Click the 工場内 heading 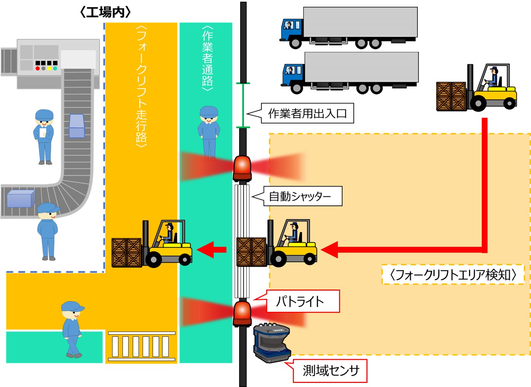pyautogui.click(x=105, y=12)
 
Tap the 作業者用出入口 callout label pyautogui.click(x=307, y=113)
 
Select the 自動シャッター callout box pyautogui.click(x=303, y=196)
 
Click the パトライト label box pyautogui.click(x=303, y=301)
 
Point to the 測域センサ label pyautogui.click(x=330, y=371)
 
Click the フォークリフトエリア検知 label pyautogui.click(x=453, y=275)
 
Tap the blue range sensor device pyautogui.click(x=272, y=343)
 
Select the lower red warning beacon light pyautogui.click(x=242, y=314)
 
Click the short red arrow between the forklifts pyautogui.click(x=212, y=249)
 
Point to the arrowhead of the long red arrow pyautogui.click(x=330, y=250)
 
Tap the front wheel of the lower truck pyautogui.click(x=296, y=87)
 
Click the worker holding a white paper pyautogui.click(x=44, y=137)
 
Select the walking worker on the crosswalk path pyautogui.click(x=72, y=329)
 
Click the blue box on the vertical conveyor pyautogui.click(x=77, y=126)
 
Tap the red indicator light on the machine pyautogui.click(x=38, y=68)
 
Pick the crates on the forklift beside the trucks pyautogui.click(x=451, y=96)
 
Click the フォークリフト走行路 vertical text pyautogui.click(x=142, y=86)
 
